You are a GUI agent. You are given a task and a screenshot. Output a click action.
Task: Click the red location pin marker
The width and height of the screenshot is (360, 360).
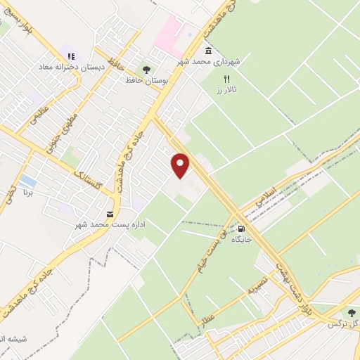coord(181,166)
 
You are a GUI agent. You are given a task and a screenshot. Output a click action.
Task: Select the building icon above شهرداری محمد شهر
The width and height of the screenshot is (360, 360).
coord(209,51)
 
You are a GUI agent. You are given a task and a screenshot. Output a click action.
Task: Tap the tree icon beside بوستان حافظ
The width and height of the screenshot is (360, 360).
coord(146,69)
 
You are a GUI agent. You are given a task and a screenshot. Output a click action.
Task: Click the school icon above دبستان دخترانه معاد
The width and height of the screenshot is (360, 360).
coord(70,56)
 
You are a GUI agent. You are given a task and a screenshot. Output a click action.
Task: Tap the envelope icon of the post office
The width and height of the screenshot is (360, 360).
coord(109,213)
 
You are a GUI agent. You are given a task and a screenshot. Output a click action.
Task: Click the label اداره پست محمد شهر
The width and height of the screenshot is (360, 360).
coord(110,224)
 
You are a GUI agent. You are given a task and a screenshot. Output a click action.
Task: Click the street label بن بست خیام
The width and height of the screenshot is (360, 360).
coord(212,249)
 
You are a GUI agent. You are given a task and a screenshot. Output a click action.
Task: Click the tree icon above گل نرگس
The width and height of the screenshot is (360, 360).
coord(352,313)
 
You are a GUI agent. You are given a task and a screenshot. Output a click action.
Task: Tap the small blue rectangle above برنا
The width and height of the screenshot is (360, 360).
coord(28,181)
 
